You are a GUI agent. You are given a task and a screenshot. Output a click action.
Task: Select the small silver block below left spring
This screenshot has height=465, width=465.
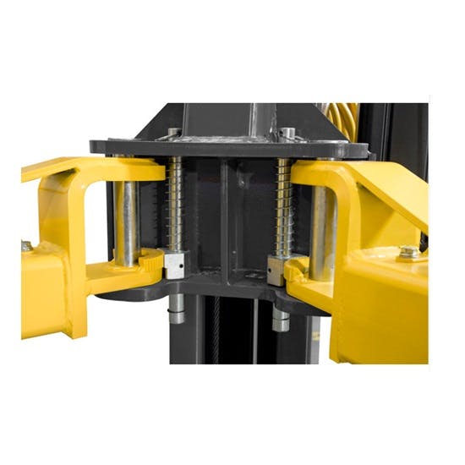[175, 267]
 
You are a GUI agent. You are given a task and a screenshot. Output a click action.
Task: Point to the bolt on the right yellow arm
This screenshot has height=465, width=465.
[410, 252]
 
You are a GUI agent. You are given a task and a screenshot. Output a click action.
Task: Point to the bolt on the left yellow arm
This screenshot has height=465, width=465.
[28, 246]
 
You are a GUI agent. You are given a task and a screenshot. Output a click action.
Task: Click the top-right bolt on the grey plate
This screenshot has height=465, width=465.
[287, 133]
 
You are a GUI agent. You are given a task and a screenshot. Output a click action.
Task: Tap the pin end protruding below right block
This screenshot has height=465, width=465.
[280, 320]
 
